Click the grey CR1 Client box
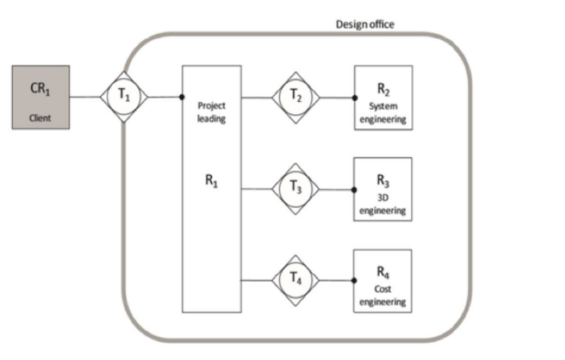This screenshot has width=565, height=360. point(40,97)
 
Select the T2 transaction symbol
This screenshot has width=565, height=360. point(296,97)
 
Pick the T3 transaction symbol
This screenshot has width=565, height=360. point(296,188)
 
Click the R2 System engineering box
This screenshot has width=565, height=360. point(383,98)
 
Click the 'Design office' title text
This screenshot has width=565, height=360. point(365,25)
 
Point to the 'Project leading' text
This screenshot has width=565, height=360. point(212,112)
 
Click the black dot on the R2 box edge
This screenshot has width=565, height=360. point(354,97)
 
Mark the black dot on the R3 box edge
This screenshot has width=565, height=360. point(354,188)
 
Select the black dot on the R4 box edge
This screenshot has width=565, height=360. point(354,280)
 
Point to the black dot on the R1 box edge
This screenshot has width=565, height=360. point(181,97)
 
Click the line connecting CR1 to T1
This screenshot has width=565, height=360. point(85,97)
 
